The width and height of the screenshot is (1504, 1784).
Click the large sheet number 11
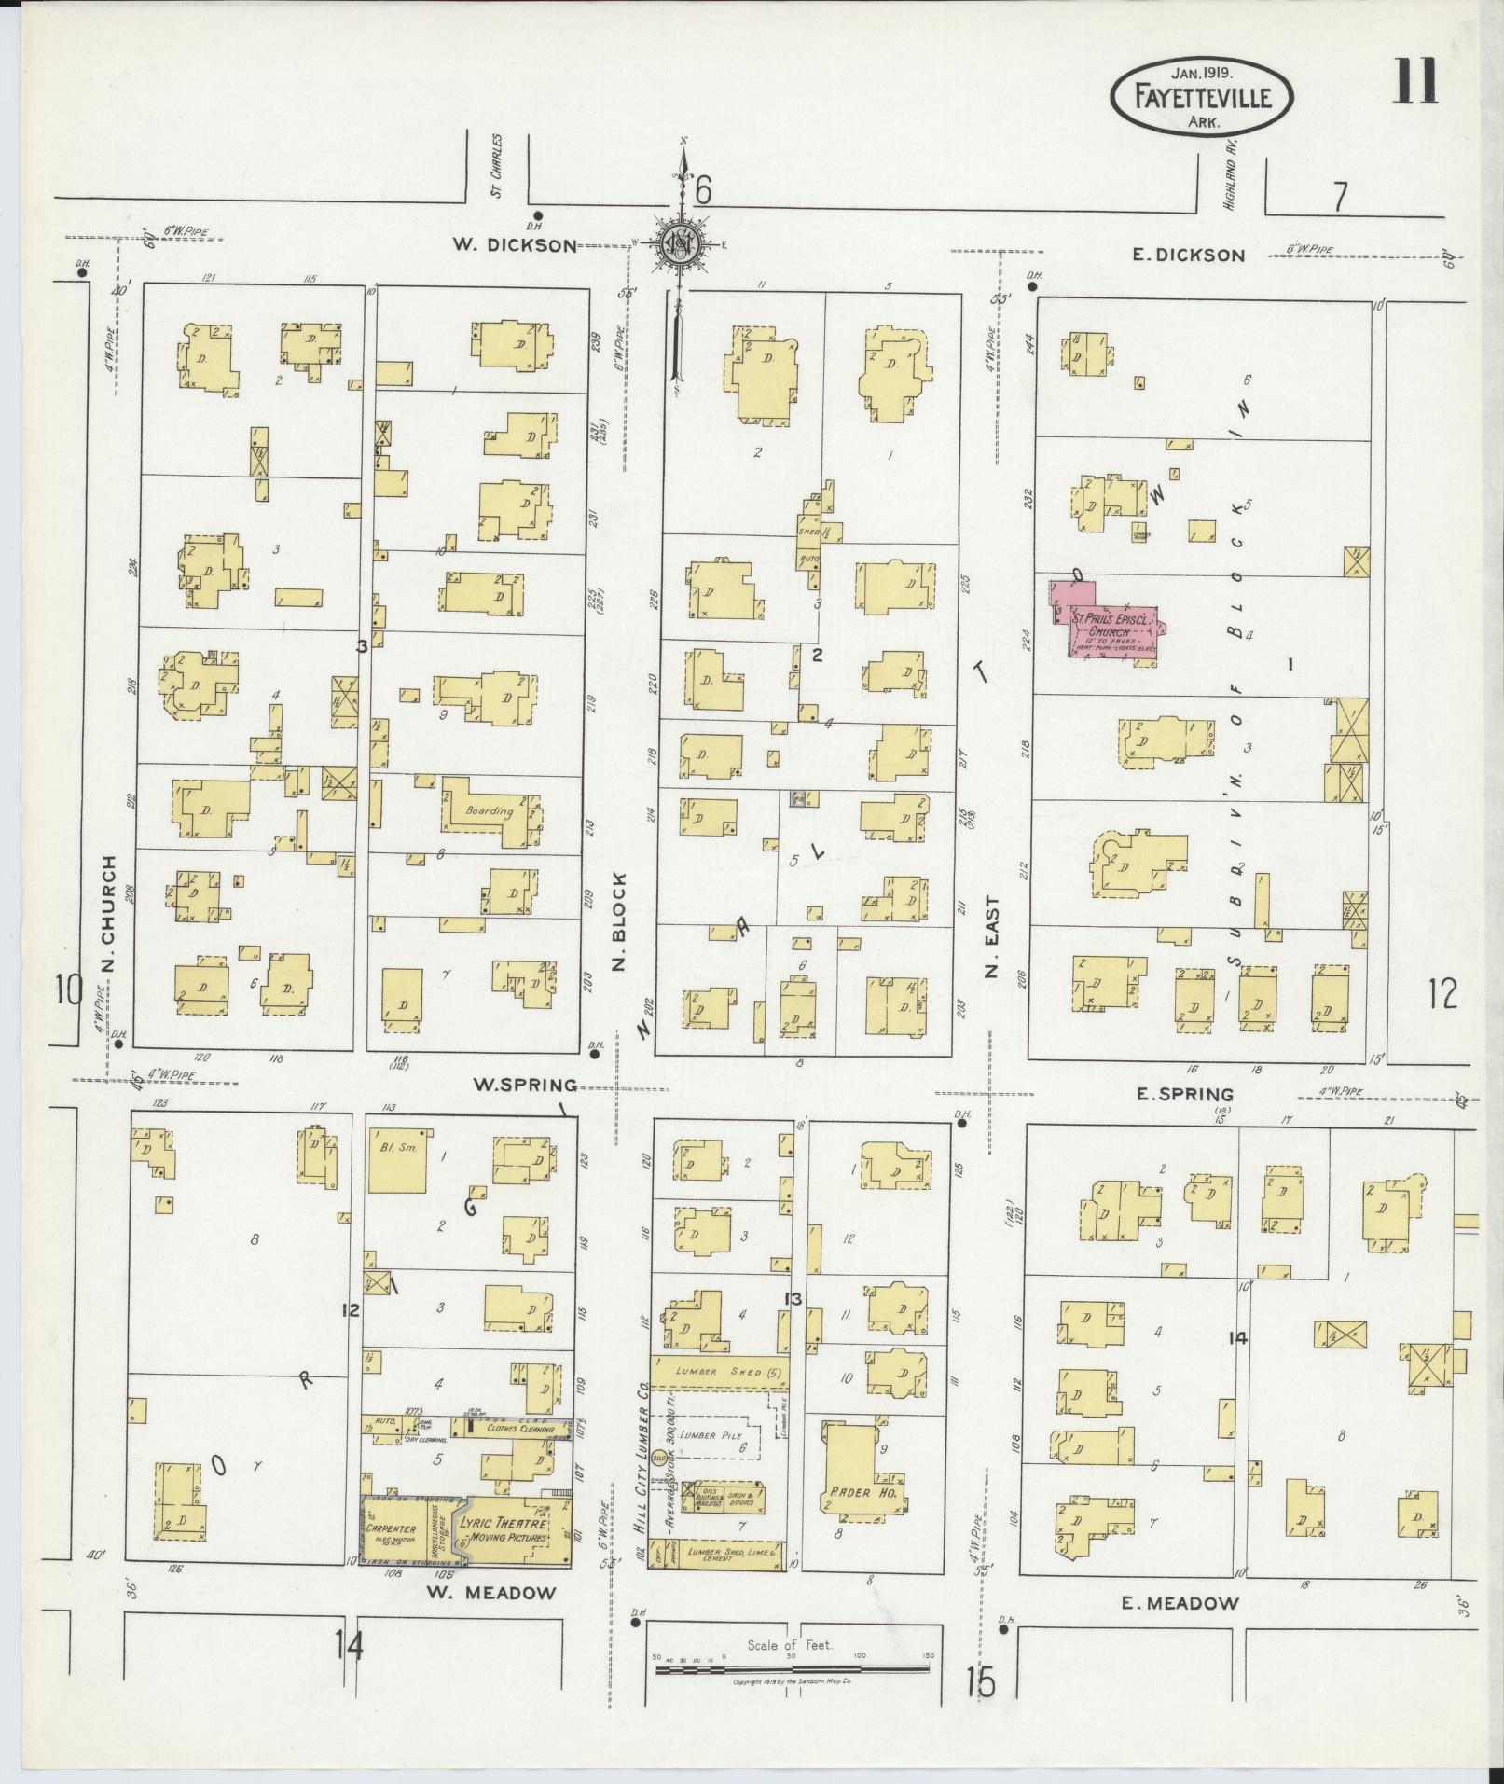coord(1416,82)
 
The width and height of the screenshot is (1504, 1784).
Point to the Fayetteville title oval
coord(1203,96)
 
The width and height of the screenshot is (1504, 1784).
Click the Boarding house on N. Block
coord(490,810)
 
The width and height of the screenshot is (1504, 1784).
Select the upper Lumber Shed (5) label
coord(718,1373)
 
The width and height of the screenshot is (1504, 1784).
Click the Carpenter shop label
coord(391,1529)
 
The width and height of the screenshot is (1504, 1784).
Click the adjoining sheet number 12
coord(1441,995)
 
